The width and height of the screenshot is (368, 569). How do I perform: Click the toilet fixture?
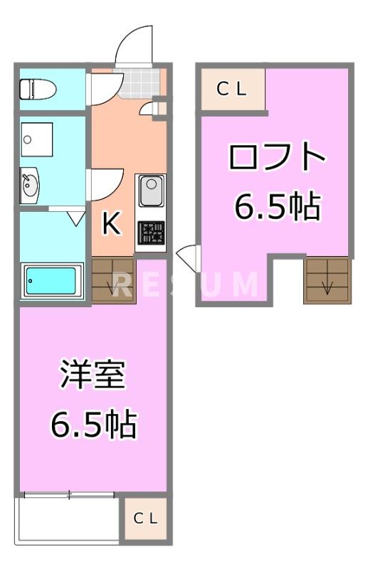[35, 90]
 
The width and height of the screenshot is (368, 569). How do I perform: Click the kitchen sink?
[152, 190]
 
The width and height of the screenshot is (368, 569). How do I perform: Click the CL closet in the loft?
[232, 89]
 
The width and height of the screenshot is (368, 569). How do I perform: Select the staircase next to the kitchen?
[113, 281]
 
